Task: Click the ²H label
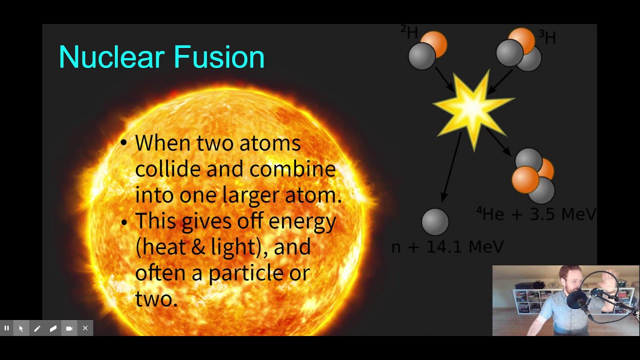click(x=409, y=32)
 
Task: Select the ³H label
click(x=547, y=37)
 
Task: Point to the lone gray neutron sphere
click(x=435, y=222)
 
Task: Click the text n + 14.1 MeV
click(x=447, y=246)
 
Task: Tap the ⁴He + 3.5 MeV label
click(x=536, y=214)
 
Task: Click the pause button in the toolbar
click(x=6, y=328)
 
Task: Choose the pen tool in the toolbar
click(x=37, y=328)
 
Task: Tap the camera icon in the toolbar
click(x=69, y=328)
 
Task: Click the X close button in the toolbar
click(x=85, y=328)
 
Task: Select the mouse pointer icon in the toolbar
click(x=21, y=328)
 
